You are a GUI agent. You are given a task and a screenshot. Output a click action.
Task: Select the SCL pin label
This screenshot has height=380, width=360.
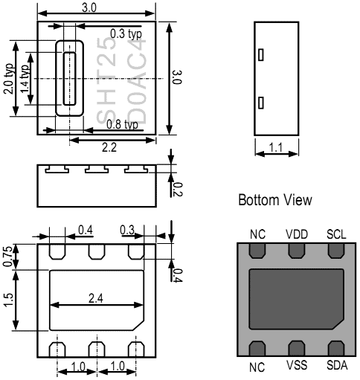coord(337,234)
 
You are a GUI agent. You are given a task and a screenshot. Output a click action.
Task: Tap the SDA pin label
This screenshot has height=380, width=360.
coord(337,367)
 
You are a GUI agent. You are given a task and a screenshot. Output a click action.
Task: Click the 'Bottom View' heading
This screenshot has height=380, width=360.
coord(270,202)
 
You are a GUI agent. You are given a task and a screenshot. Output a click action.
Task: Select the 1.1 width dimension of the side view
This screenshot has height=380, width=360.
coord(276,147)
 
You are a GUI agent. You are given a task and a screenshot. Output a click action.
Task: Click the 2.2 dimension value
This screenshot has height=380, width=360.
coord(109,147)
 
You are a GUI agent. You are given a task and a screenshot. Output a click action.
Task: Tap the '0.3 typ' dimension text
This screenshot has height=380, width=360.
coord(126,33)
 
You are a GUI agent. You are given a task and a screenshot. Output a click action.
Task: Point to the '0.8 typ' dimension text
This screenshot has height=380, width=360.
coord(121,124)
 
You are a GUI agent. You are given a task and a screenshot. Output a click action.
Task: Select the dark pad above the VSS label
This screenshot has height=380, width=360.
coord(297,348)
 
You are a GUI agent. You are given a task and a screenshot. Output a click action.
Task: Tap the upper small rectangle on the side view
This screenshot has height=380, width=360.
coord(260,54)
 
